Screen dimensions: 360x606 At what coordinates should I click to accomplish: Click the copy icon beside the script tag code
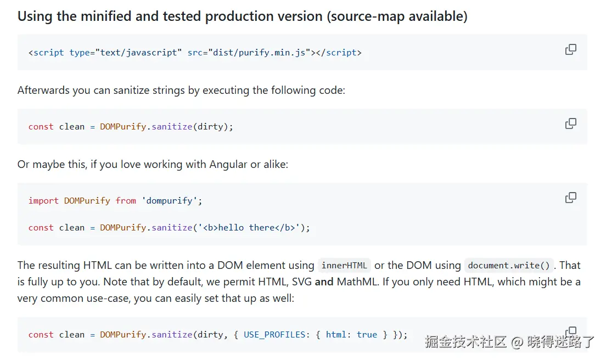click(x=571, y=49)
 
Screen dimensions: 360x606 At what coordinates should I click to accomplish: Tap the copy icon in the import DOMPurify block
click(x=571, y=197)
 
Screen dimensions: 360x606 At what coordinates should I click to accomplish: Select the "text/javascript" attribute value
click(x=138, y=53)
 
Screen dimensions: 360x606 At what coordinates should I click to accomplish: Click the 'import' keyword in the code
click(x=43, y=201)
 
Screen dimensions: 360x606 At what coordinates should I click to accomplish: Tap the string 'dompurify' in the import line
click(x=170, y=201)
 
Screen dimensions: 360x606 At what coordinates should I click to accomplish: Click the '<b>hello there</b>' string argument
click(x=250, y=227)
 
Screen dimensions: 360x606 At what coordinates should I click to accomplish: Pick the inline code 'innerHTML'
click(x=344, y=266)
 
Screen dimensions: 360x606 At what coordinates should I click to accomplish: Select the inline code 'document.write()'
click(x=508, y=266)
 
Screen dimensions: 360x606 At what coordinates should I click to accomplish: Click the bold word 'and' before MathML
click(x=324, y=282)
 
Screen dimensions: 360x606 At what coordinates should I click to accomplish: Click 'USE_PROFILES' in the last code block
click(x=274, y=334)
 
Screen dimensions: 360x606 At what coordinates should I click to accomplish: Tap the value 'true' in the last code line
click(x=367, y=334)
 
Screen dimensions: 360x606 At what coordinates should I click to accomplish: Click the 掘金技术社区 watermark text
click(x=465, y=341)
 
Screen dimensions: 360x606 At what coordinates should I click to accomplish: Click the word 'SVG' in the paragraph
click(x=301, y=282)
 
